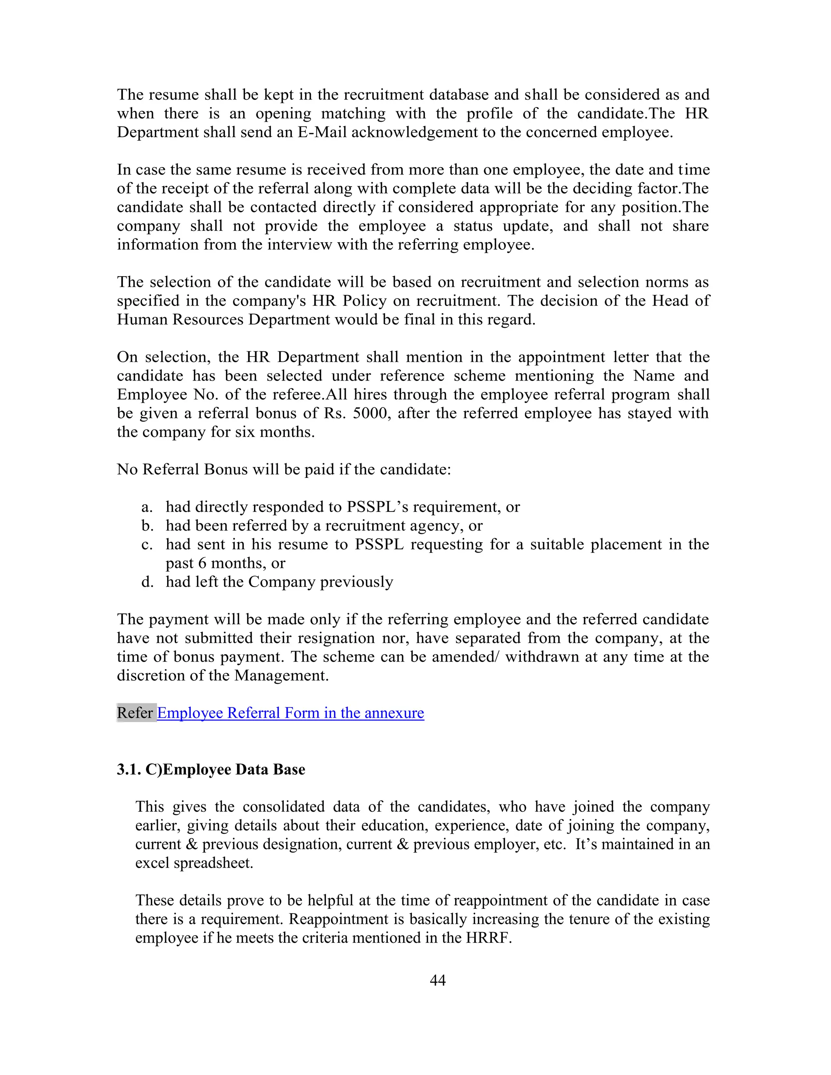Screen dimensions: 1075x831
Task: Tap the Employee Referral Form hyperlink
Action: click(291, 713)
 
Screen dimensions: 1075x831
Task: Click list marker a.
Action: click(147, 507)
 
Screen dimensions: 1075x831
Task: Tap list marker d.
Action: click(147, 582)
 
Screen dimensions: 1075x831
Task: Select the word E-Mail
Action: click(323, 132)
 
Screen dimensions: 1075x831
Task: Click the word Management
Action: click(281, 676)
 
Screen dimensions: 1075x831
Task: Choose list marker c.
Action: click(147, 545)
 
